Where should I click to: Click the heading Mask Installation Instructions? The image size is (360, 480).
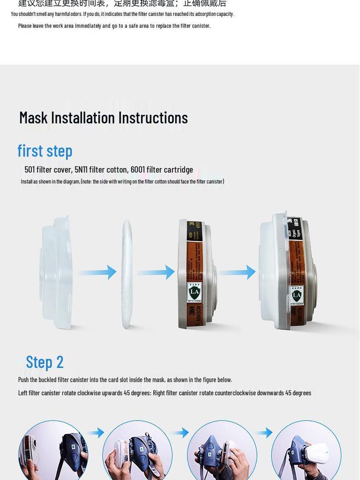(x=103, y=118)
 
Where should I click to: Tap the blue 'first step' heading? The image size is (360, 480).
(x=45, y=151)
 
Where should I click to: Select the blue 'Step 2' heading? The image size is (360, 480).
(x=45, y=362)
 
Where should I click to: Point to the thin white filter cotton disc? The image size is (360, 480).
(x=127, y=275)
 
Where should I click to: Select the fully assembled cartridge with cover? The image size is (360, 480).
(x=287, y=272)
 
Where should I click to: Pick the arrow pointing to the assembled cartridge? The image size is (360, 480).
(x=237, y=272)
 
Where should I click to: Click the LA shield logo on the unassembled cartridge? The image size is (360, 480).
(x=194, y=293)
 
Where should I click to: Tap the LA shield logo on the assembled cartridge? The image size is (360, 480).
(x=296, y=296)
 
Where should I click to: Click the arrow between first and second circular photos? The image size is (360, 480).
(x=96, y=432)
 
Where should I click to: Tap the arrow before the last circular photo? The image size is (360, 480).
(x=264, y=432)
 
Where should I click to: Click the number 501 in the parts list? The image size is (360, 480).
(x=30, y=170)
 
